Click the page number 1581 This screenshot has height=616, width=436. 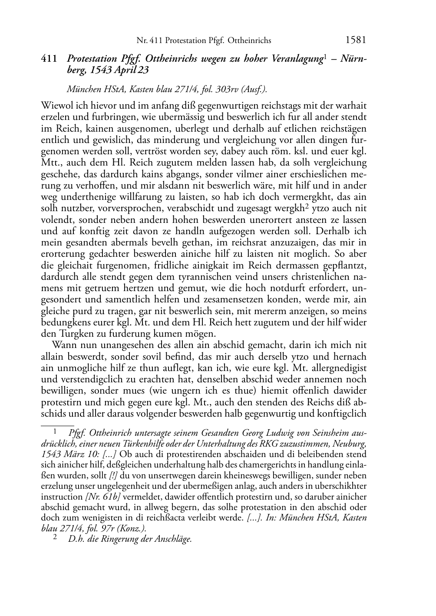[x=356, y=40]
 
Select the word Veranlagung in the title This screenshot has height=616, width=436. [x=295, y=59]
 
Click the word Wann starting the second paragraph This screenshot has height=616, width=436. [x=63, y=345]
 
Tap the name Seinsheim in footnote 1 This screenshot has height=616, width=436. [x=326, y=434]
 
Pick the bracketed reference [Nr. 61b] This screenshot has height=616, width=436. [x=102, y=497]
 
